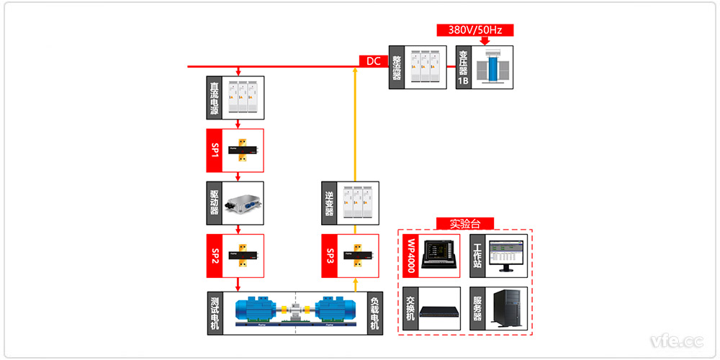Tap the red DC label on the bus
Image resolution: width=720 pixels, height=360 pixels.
pyautogui.click(x=373, y=61)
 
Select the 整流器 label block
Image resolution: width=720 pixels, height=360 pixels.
pyautogui.click(x=396, y=68)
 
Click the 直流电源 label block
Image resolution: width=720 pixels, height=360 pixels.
pyautogui.click(x=214, y=98)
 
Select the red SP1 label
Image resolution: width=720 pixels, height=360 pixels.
pyautogui.click(x=214, y=150)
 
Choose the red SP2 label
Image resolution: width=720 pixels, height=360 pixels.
pyautogui.click(x=214, y=256)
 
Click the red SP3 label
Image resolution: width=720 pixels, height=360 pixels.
pyautogui.click(x=330, y=256)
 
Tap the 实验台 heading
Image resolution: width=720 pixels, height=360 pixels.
pyautogui.click(x=464, y=223)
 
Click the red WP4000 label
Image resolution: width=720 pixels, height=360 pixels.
pyautogui.click(x=411, y=256)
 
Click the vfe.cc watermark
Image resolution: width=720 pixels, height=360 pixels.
pyautogui.click(x=676, y=340)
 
